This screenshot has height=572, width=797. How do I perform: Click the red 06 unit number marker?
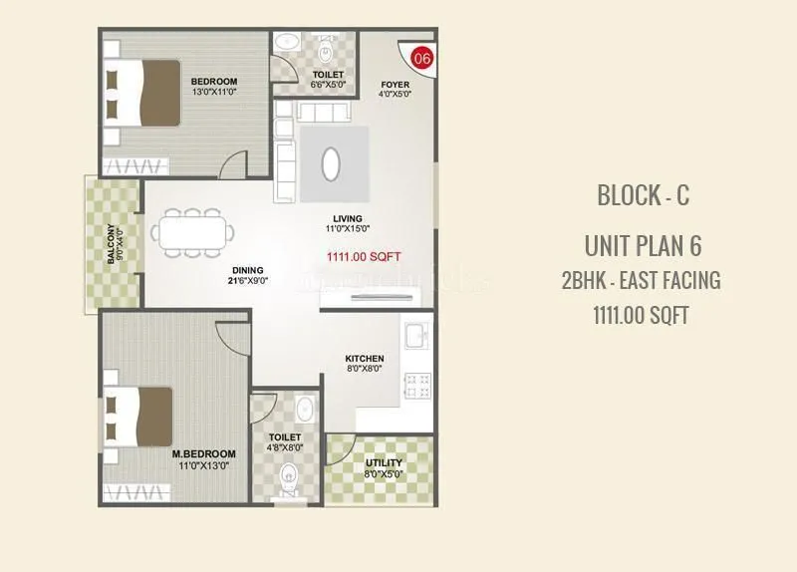tap(422, 59)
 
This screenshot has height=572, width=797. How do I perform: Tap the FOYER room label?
tap(395, 84)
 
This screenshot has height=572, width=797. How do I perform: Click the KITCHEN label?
tap(365, 359)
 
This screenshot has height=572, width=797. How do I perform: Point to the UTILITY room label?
tap(384, 463)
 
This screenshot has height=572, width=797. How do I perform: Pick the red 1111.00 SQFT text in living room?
tap(364, 256)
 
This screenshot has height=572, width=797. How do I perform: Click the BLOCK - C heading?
tap(643, 195)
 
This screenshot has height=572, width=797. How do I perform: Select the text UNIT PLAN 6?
tap(643, 245)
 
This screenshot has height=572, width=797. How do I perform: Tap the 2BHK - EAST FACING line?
tap(642, 280)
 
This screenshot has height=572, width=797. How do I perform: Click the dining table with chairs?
tap(193, 232)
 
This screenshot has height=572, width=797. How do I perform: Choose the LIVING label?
tap(348, 219)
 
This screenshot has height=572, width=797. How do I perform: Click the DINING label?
tap(248, 270)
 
